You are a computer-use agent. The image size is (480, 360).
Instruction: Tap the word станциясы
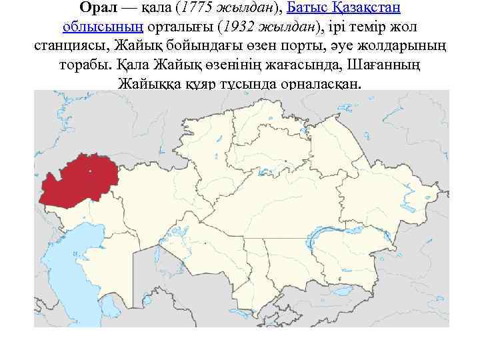(71, 47)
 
